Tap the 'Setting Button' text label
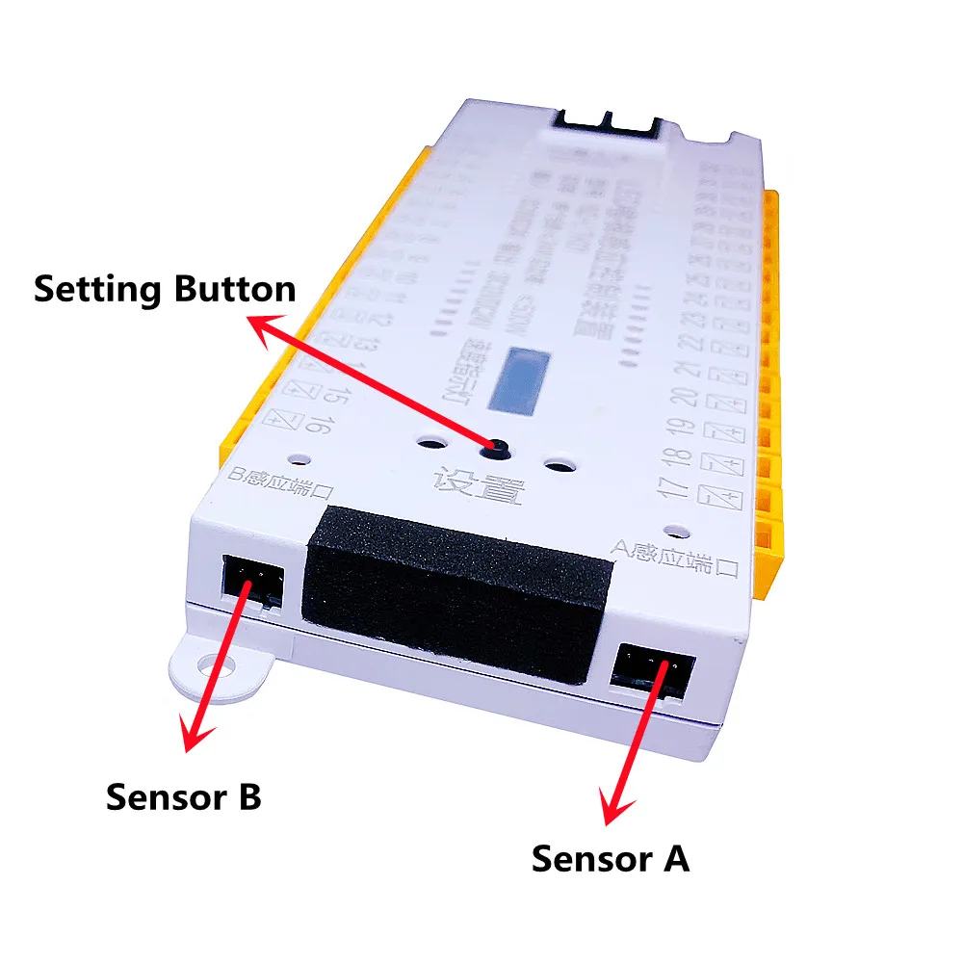point(164,289)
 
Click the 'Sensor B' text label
point(183,797)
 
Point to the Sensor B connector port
point(251,580)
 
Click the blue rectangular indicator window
point(520,379)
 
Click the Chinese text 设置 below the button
point(479,487)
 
